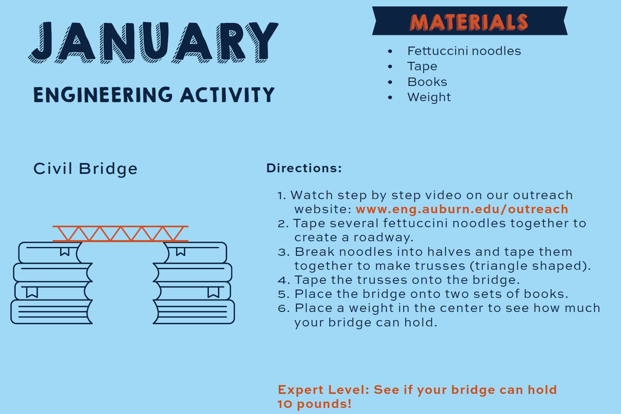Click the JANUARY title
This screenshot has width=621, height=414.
[x=153, y=43]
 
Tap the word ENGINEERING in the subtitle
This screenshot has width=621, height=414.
[x=103, y=95]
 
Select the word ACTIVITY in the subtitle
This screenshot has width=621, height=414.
[x=227, y=95]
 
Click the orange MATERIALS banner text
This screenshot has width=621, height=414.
[x=469, y=22]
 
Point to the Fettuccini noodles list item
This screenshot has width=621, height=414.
[x=464, y=51]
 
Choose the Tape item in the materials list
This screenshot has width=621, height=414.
[x=422, y=67]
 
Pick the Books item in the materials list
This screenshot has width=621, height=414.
[x=427, y=82]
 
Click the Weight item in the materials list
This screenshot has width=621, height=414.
[x=429, y=97]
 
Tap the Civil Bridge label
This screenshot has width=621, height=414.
[x=86, y=169]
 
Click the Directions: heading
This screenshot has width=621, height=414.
[x=304, y=168]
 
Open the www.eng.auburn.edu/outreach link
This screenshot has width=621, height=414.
[x=462, y=209]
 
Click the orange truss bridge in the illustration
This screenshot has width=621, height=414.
[x=121, y=234]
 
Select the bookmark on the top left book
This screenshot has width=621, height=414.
[x=65, y=251]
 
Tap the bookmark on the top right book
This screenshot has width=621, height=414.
[x=181, y=251]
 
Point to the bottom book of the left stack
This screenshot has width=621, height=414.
[x=51, y=312]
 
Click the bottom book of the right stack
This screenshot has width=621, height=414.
[x=194, y=312]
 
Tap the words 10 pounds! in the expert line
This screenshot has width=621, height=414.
[x=315, y=404]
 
